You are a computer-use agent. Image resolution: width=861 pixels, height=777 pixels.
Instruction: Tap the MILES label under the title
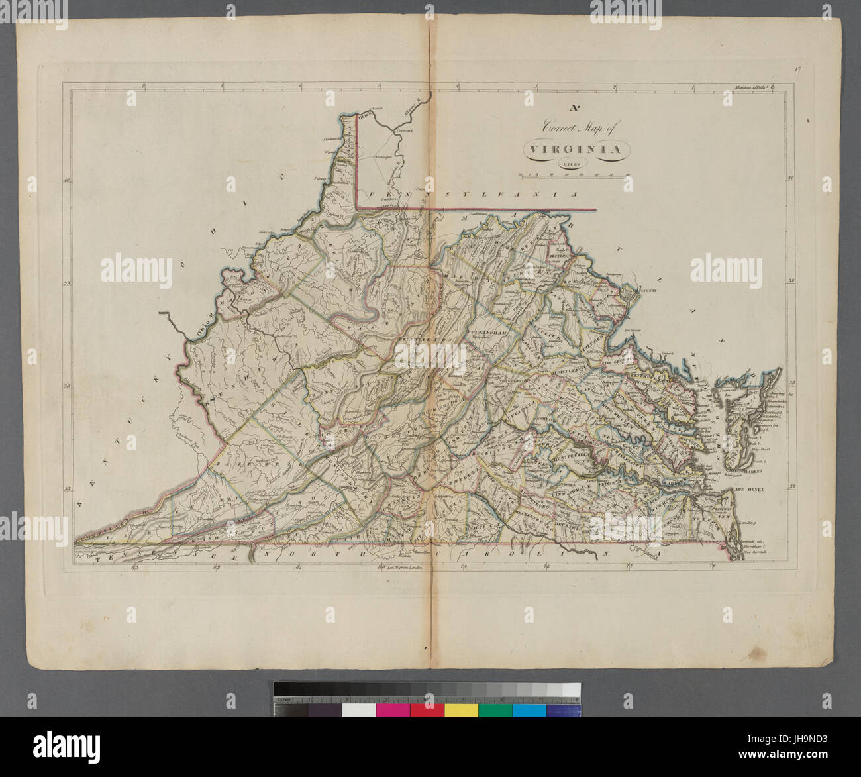coord(574,164)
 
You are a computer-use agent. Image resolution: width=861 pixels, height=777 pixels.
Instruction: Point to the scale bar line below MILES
coord(574,175)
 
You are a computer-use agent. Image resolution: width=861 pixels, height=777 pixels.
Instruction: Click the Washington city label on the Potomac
coord(639,289)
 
